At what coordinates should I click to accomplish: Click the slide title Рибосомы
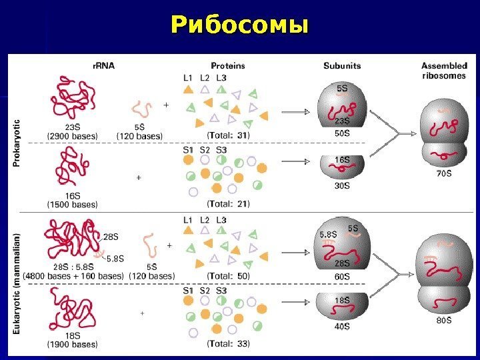(x=240, y=26)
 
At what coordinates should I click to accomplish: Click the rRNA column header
(x=103, y=66)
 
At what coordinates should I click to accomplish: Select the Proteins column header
(x=228, y=66)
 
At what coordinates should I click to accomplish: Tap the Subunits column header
(x=342, y=66)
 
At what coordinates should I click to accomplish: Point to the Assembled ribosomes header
(x=444, y=71)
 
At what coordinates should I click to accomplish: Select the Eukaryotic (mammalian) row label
(x=17, y=283)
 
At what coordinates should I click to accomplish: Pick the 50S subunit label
(x=342, y=133)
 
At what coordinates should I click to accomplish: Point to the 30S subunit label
(x=342, y=186)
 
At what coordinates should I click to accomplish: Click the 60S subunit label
(x=342, y=275)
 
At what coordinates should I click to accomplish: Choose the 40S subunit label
(x=342, y=327)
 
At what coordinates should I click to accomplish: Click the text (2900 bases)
(x=72, y=136)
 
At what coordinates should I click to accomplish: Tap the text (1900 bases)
(x=72, y=345)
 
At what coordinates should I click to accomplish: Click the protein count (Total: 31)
(x=229, y=135)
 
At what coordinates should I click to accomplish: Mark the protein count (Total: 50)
(x=229, y=275)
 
